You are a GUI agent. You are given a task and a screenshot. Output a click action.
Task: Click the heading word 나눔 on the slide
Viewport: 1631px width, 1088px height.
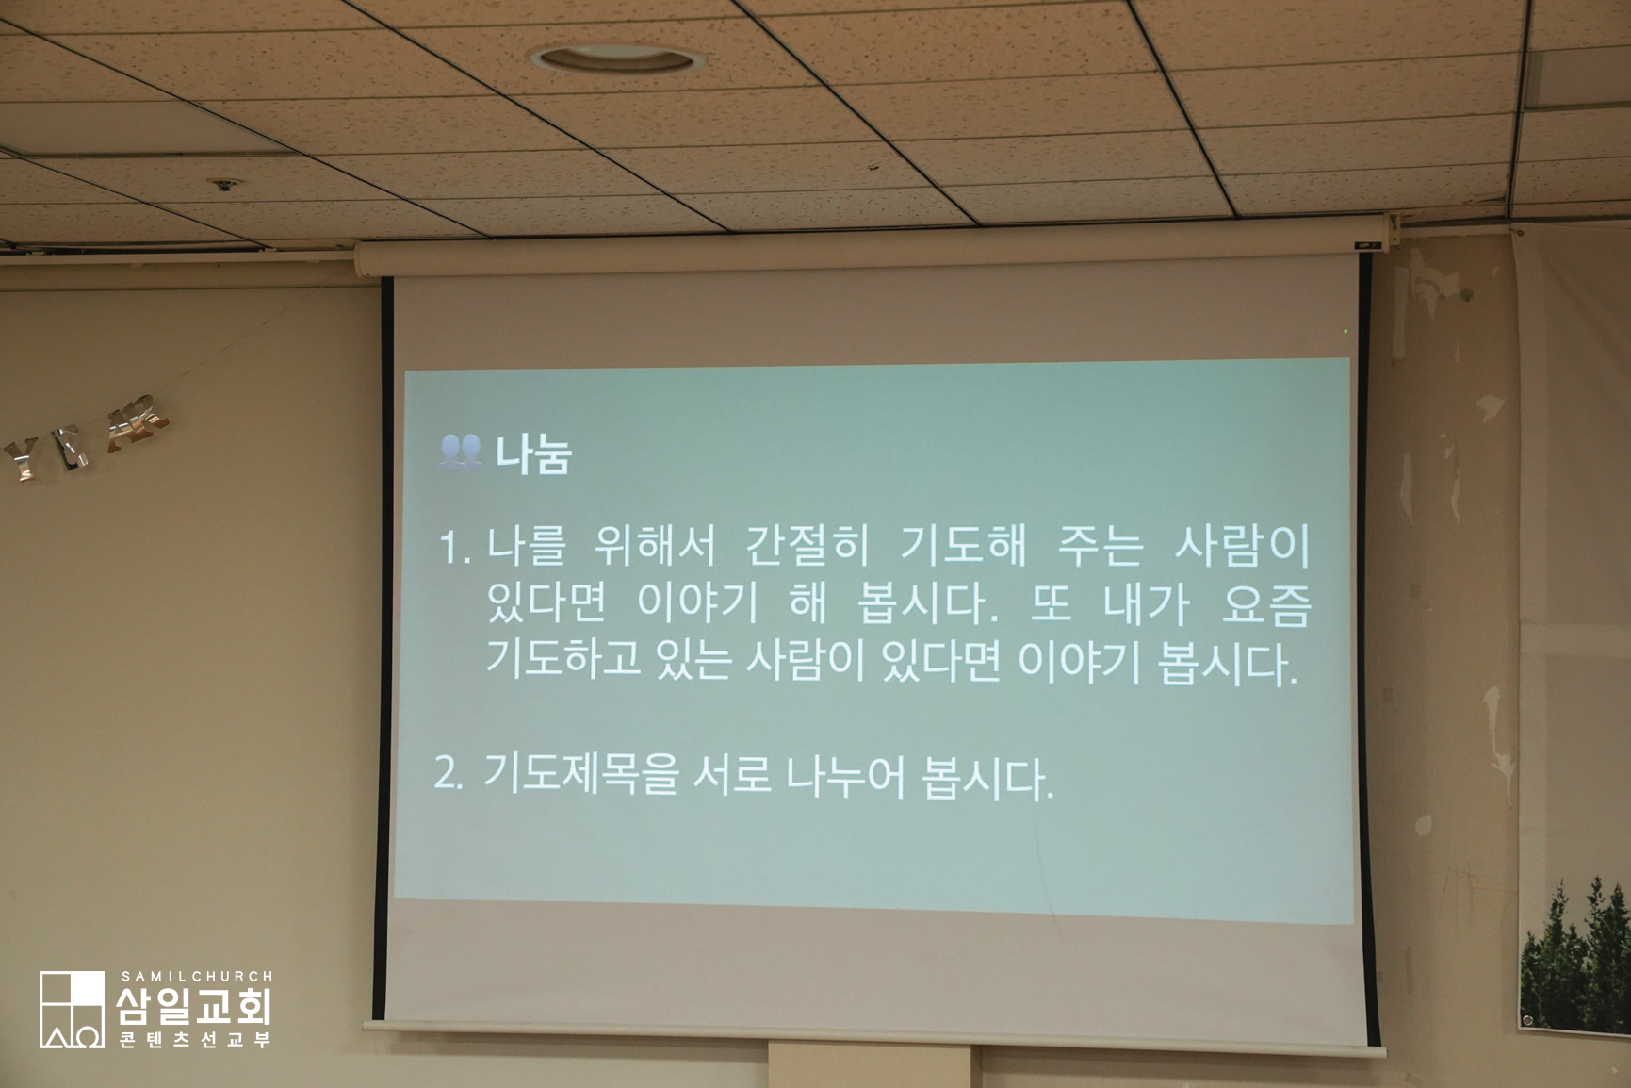pyautogui.click(x=533, y=454)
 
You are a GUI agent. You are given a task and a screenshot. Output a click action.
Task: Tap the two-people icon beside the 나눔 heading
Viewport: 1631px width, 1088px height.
pyautogui.click(x=460, y=452)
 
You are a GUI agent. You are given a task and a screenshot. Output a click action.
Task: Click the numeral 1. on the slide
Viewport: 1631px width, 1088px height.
pyautogui.click(x=455, y=548)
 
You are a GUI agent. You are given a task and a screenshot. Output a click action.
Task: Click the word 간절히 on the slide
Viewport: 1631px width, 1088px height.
pyautogui.click(x=807, y=546)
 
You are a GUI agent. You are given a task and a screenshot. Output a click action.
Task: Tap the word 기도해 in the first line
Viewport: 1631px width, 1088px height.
pyautogui.click(x=962, y=546)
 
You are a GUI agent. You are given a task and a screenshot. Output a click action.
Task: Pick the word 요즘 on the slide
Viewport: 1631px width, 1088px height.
pyautogui.click(x=1266, y=604)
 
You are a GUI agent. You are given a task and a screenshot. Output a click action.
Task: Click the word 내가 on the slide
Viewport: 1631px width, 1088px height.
pyautogui.click(x=1147, y=604)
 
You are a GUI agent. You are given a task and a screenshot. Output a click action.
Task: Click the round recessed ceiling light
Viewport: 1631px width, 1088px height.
pyautogui.click(x=617, y=59)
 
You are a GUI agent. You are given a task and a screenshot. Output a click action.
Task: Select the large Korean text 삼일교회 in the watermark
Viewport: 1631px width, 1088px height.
pyautogui.click(x=194, y=1005)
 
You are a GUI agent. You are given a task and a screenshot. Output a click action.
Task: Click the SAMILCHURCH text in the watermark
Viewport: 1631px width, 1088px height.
pyautogui.click(x=197, y=977)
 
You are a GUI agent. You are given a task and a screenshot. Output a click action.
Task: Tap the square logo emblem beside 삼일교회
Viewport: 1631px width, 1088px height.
pyautogui.click(x=72, y=1010)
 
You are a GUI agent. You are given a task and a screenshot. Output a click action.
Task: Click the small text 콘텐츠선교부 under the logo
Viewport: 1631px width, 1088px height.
pyautogui.click(x=195, y=1040)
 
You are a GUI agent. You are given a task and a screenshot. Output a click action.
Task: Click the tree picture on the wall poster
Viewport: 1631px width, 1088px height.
pyautogui.click(x=1574, y=954)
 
